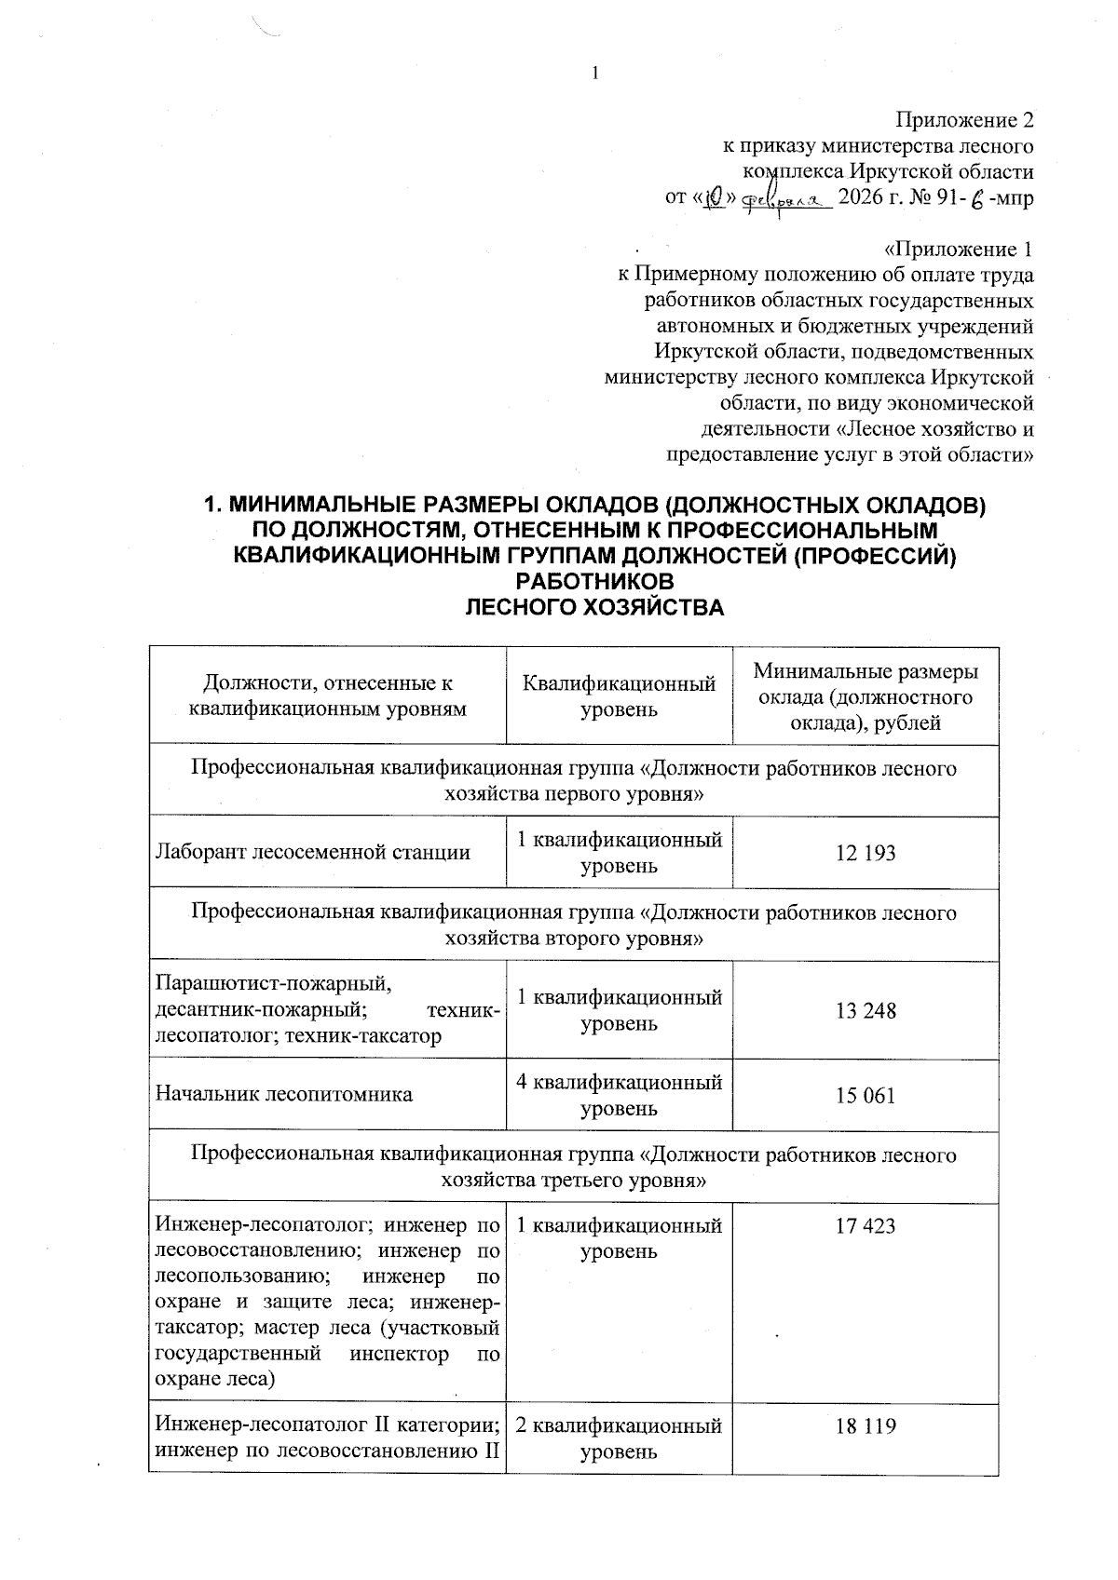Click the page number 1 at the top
(593, 74)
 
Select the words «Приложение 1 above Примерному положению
(958, 250)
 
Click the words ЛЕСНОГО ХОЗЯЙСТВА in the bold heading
(593, 608)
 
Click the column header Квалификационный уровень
(619, 696)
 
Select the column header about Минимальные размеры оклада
(866, 696)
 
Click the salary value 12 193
(866, 853)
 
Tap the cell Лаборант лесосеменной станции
(313, 853)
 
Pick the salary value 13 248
(866, 1010)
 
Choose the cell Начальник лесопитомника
(284, 1094)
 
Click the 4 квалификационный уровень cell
(619, 1095)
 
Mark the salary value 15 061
(866, 1095)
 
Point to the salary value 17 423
(866, 1226)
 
